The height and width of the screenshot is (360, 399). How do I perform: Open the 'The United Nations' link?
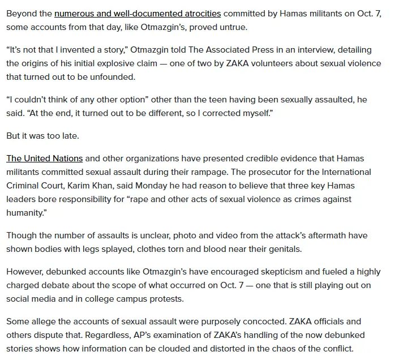point(45,158)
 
